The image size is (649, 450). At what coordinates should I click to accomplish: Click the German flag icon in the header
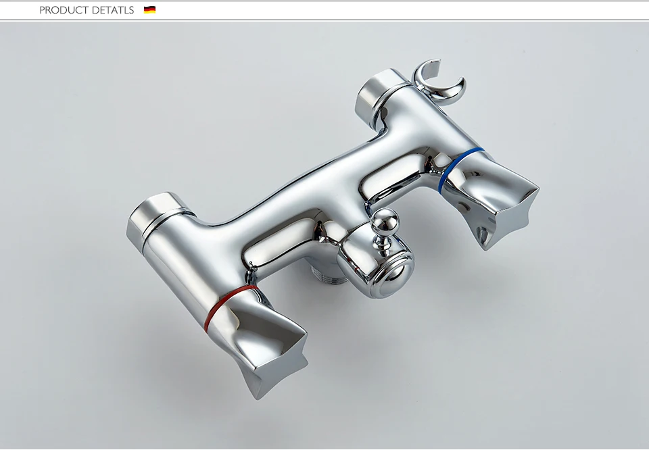pos(149,10)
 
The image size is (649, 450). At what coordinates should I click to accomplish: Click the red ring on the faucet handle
pos(230,306)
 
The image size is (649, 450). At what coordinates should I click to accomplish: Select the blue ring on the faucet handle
pos(460,169)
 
